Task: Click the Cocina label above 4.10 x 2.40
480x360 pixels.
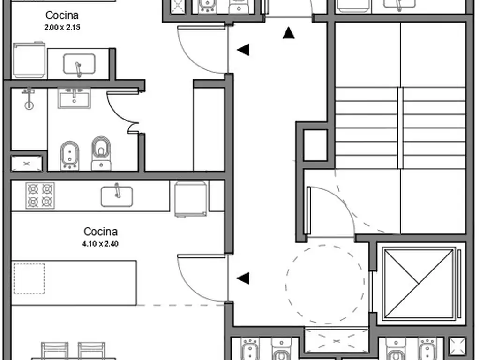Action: coord(100,232)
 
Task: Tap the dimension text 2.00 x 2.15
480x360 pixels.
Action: coord(62,28)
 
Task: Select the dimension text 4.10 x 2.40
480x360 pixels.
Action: coord(100,244)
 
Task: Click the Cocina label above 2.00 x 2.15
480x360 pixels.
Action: coord(62,15)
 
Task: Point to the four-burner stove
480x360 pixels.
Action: coord(40,195)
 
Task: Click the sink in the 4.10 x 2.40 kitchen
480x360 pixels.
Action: coord(117,196)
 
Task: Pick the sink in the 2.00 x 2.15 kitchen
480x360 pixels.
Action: coord(79,64)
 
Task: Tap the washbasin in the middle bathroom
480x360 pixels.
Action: coord(74,98)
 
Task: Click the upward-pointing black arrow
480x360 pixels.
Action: coord(288,33)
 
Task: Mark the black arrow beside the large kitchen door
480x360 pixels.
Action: coord(243,278)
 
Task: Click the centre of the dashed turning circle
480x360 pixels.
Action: coord(325,284)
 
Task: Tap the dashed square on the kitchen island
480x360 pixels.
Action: coord(29,278)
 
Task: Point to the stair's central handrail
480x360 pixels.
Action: coord(400,127)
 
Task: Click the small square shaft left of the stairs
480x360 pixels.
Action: coord(315,145)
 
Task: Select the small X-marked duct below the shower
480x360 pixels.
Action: coord(26,164)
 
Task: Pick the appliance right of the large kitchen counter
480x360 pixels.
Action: coord(190,199)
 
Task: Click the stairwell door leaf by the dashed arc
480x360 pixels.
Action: coord(308,211)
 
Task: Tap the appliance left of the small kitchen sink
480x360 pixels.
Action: coord(29,60)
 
